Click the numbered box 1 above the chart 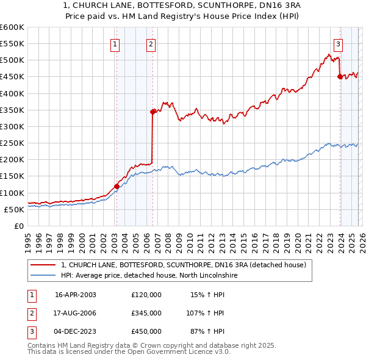115,43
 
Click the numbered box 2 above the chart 151,43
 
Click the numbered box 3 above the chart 338,43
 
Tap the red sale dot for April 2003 117,186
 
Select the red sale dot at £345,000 152,112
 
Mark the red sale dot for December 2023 340,77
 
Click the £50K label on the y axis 14,209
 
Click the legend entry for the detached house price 187,265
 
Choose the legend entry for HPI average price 151,275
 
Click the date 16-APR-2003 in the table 76,295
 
